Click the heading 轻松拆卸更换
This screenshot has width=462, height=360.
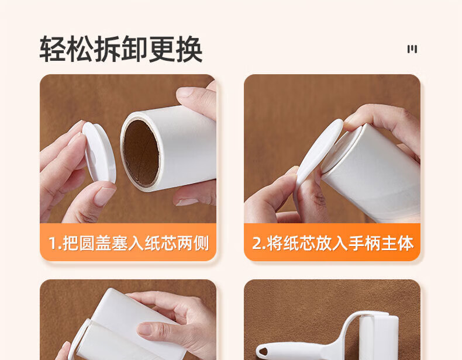click(121, 49)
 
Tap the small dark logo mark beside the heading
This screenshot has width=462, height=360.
click(412, 49)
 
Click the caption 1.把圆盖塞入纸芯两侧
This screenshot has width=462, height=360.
click(129, 243)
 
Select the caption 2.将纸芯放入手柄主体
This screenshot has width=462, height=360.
click(333, 243)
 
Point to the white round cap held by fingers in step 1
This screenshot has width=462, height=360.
click(99, 153)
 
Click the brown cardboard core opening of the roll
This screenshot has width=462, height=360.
click(142, 153)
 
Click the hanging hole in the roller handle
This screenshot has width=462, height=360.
click(263, 351)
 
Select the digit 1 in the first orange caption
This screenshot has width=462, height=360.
click(53, 243)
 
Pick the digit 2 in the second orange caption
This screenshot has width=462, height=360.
click(257, 243)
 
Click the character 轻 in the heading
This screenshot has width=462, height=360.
click(53, 49)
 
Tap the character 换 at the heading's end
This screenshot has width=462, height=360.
click(189, 49)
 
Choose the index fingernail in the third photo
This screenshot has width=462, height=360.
click(145, 329)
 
